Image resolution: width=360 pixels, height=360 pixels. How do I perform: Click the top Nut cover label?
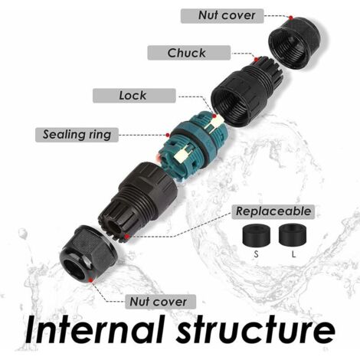coord(222,16)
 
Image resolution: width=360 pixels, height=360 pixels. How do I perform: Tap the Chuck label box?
coord(189,53)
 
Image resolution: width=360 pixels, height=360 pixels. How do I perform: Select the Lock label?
coord(134,96)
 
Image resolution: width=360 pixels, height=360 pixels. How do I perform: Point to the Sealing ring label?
coord(77,135)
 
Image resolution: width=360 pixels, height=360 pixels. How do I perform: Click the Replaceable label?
coord(273,211)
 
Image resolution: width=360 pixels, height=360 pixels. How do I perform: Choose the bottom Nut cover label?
coord(160,302)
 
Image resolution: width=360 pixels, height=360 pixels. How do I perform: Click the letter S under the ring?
coord(256,254)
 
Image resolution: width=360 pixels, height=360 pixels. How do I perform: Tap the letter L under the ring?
coord(293,254)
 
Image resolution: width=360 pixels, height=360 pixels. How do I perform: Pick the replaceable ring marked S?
coord(256,235)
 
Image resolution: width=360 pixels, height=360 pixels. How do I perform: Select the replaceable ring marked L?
coord(293,234)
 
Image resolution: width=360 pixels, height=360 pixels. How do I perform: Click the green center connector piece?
coord(192,148)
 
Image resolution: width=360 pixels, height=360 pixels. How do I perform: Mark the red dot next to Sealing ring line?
coord(168,135)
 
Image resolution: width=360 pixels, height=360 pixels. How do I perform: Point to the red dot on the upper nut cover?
coord(291,18)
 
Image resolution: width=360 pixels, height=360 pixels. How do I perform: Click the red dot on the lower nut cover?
coord(90,280)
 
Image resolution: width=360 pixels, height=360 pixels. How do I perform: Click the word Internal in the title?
coord(94,329)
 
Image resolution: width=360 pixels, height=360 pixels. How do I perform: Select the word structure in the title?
coord(256,329)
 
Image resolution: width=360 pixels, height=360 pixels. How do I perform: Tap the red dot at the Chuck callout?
coord(256,60)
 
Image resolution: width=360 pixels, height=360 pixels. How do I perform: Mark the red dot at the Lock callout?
coord(214,116)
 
